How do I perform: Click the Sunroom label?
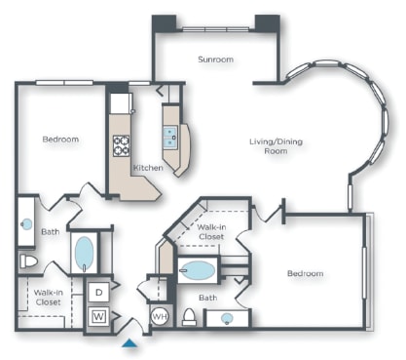pos(215,60)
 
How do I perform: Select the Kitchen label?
pos(148,168)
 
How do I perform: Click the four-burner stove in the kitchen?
pos(122,146)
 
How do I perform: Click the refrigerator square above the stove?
pos(121,101)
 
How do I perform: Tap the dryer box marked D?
pos(98,292)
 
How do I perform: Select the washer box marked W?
pos(98,315)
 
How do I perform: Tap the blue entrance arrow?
pos(130,341)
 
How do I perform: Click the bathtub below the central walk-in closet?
pos(199,271)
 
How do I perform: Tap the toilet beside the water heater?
pos(190,316)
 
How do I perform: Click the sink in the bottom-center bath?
pos(227,318)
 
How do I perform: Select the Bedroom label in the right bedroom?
pos(305,273)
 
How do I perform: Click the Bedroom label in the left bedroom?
pos(60,140)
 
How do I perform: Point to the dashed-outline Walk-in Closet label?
pos(49,297)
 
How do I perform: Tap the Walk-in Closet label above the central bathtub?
pos(211,231)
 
